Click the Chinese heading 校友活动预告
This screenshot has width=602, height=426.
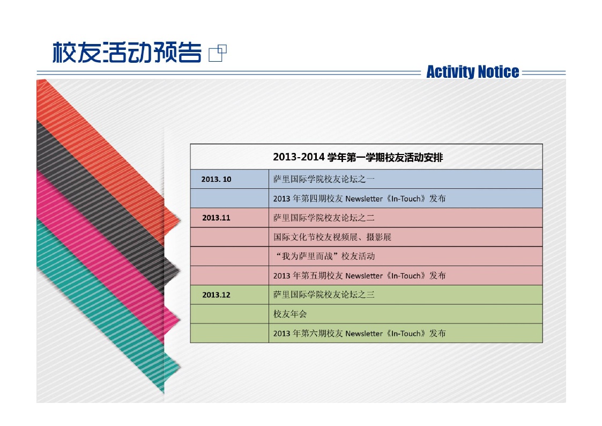127,52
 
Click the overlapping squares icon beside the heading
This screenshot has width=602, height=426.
218,53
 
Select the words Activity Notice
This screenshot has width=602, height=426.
473,72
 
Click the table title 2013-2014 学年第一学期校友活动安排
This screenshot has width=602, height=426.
358,157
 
